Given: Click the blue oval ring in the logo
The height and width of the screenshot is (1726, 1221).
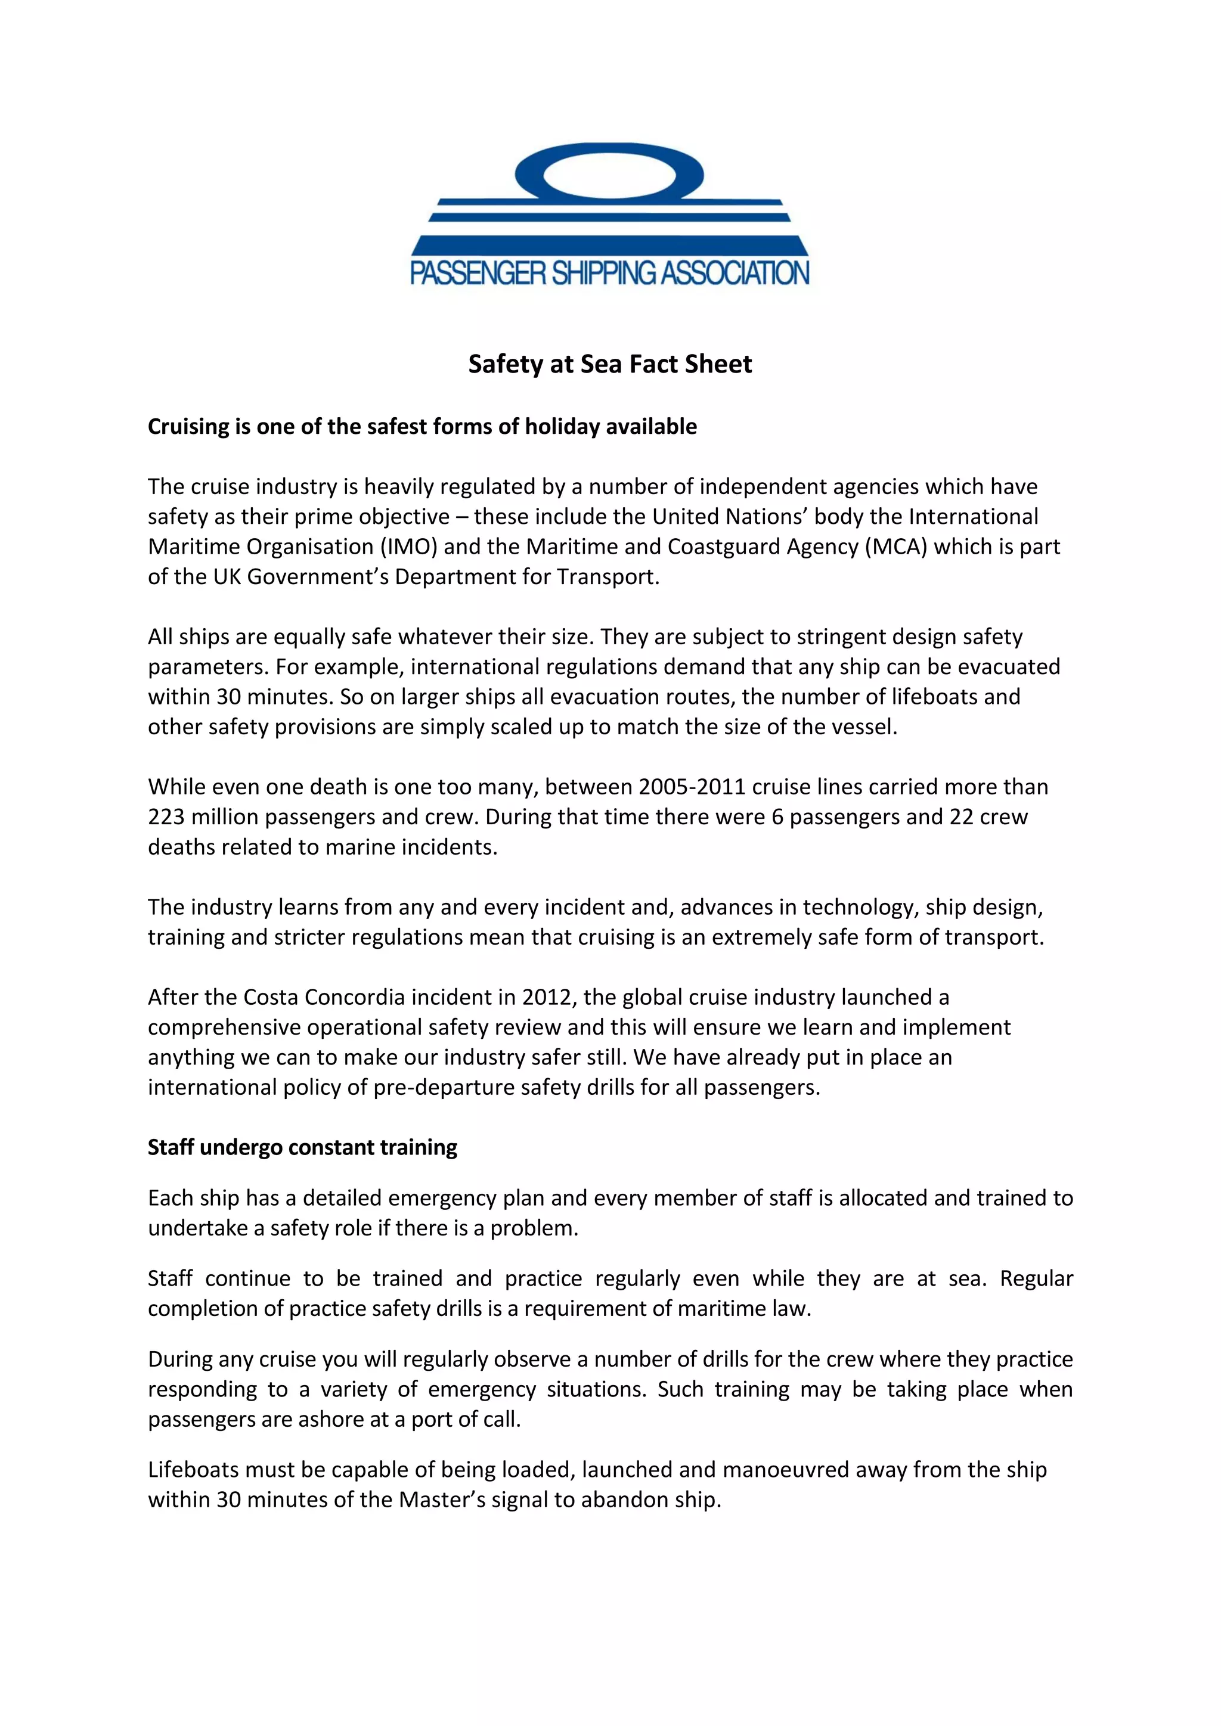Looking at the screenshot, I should point(610,150).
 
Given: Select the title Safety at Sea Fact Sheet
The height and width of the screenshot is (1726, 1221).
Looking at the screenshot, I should point(610,364).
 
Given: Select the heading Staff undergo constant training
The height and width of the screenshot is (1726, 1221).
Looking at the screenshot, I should point(302,1147).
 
